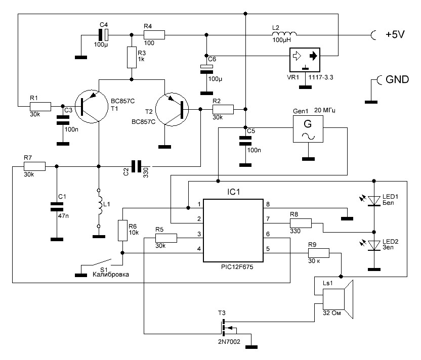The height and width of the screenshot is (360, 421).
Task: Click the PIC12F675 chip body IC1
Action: coord(233,230)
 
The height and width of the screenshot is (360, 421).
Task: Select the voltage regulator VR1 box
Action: coord(305,60)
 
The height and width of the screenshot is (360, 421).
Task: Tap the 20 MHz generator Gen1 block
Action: coord(308,129)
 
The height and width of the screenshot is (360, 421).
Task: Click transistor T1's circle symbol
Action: coord(91,107)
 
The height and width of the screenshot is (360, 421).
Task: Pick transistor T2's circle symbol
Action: coord(172,109)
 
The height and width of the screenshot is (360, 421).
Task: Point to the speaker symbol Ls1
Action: coord(338,299)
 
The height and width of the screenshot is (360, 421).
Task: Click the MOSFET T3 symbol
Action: coord(226,328)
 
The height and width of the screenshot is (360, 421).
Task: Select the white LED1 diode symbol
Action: coord(374,200)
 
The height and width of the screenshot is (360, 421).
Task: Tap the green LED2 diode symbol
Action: coord(374,245)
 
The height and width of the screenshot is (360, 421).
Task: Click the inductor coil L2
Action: coord(284,34)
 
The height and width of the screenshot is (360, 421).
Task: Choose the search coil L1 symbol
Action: coord(99,208)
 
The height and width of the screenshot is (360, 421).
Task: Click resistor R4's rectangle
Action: coord(154,35)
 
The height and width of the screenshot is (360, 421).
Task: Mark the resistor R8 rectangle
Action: coord(301,223)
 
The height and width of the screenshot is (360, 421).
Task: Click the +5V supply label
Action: coord(395,34)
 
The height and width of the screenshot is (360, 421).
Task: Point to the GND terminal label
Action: coord(397,79)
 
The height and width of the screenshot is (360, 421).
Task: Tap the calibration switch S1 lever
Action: coord(102,262)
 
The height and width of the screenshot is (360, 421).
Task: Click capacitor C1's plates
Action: coord(57,207)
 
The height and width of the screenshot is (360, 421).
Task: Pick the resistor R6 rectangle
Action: coord(122,231)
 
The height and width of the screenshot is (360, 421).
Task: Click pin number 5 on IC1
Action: coord(268,249)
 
